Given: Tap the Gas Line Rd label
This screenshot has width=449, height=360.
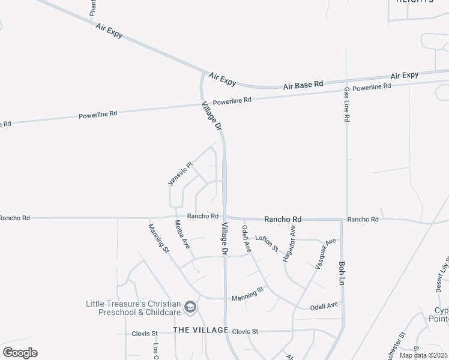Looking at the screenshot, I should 346,105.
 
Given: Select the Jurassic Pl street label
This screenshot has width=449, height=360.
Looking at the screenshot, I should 180,173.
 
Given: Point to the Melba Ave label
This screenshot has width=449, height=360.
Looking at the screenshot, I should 182,235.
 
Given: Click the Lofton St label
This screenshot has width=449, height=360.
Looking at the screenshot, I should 267,243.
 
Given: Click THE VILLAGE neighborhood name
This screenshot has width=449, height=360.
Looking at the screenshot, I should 200,331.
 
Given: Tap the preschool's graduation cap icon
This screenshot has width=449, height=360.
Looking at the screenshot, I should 190,308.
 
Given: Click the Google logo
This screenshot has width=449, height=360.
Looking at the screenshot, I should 20,353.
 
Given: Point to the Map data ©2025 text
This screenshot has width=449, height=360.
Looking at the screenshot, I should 423,355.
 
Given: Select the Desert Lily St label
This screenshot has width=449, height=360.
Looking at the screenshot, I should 442,273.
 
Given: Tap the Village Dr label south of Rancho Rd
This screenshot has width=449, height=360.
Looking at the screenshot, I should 225,239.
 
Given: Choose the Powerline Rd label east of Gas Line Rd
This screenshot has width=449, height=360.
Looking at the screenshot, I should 372,88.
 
